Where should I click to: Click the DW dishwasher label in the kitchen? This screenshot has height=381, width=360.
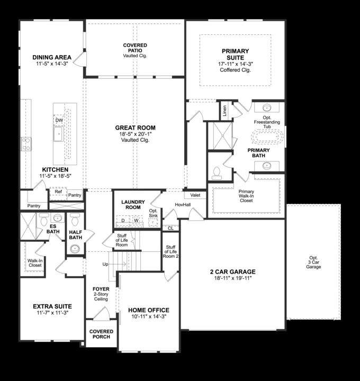(x=59, y=120)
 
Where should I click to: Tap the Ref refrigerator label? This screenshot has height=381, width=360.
(x=58, y=192)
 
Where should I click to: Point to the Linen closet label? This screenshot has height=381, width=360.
(x=224, y=110)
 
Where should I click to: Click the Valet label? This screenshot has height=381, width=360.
(x=195, y=195)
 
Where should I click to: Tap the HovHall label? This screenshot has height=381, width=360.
(x=183, y=204)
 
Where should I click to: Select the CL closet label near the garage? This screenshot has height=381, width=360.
(x=170, y=228)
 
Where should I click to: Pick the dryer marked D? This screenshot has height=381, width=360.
(x=122, y=220)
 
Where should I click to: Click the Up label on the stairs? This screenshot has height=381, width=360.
(x=105, y=264)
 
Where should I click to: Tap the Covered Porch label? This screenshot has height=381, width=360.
(x=101, y=334)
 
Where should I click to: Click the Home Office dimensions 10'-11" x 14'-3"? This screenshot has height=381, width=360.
(x=149, y=316)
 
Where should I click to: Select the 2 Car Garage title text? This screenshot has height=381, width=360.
(x=232, y=272)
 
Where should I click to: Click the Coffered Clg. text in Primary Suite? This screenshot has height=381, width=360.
(x=235, y=70)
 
